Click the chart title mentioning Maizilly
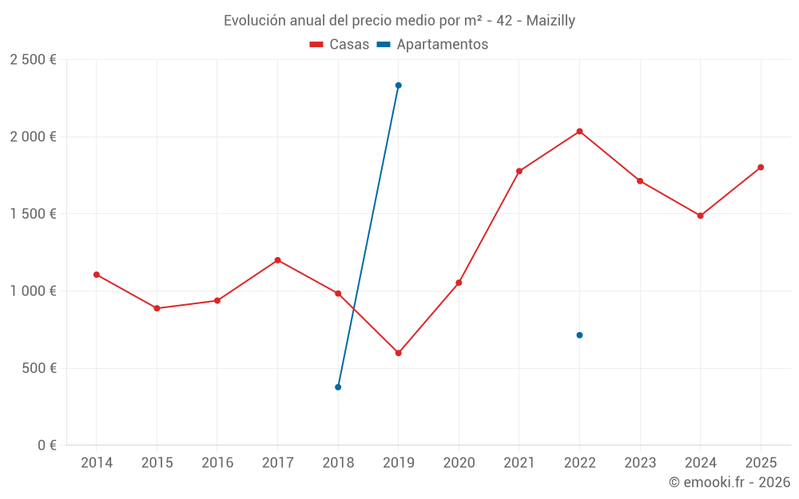pyautogui.click(x=399, y=21)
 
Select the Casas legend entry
pyautogui.click(x=340, y=45)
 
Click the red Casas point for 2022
pyautogui.click(x=579, y=131)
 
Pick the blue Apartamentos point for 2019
pyautogui.click(x=398, y=85)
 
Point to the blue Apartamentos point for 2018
pyautogui.click(x=338, y=387)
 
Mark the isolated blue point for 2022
pyautogui.click(x=579, y=335)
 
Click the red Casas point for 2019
pyautogui.click(x=398, y=353)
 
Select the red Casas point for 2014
pyautogui.click(x=97, y=275)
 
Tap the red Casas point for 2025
pyautogui.click(x=761, y=168)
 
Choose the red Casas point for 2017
pyautogui.click(x=277, y=260)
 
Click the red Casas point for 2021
pyautogui.click(x=519, y=171)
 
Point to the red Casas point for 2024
pyautogui.click(x=700, y=216)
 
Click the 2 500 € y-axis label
pyautogui.click(x=33, y=60)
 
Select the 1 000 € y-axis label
pyautogui.click(x=33, y=291)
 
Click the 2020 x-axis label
pyautogui.click(x=459, y=463)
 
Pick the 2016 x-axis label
pyautogui.click(x=217, y=463)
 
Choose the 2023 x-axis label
pyautogui.click(x=640, y=463)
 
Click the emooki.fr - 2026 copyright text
pyautogui.click(x=729, y=482)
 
